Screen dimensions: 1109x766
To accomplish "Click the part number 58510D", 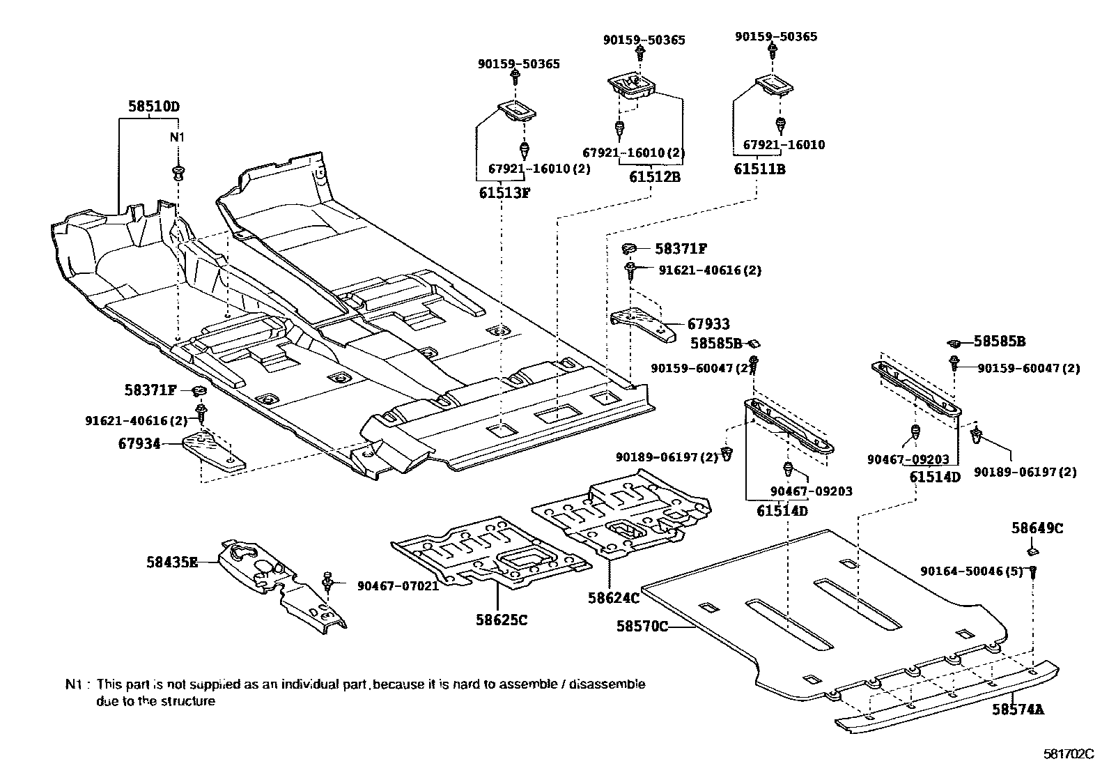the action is coord(154,106).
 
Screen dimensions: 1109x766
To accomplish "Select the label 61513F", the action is coord(504,192).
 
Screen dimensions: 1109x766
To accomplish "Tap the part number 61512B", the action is coord(655,176).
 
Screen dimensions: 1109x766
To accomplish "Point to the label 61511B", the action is coord(759,169).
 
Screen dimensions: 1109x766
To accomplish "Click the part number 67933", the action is coord(708,323).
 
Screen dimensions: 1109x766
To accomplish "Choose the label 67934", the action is coord(139,443).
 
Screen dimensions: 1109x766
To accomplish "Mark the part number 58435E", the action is coord(172,562).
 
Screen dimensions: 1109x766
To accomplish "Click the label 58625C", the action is coord(502,620).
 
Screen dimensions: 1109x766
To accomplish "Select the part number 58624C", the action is coord(614,598).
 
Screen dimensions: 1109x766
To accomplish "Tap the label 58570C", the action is coord(642,627).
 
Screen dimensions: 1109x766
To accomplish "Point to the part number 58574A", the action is coord(1018,710).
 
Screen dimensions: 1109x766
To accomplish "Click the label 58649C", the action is coord(1037,528).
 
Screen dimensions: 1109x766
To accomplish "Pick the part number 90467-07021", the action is coord(398,586).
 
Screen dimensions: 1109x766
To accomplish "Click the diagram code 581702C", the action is coord(1069,753).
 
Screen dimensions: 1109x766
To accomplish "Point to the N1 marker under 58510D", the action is coord(177,137).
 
